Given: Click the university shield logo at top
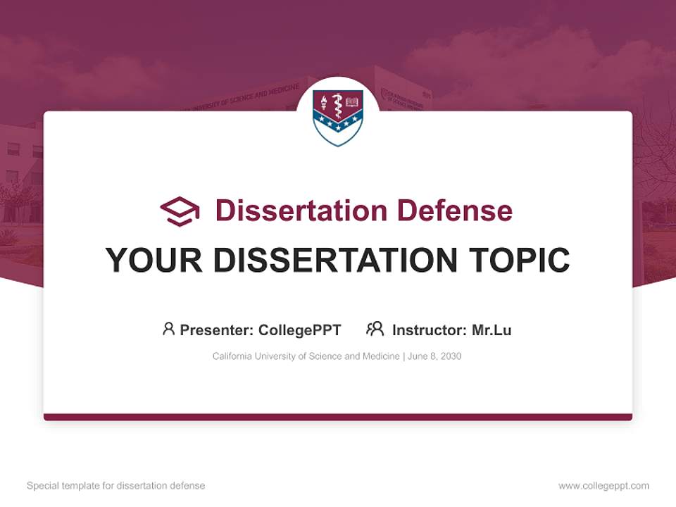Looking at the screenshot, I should point(338,116).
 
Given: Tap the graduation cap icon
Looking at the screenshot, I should point(180,211).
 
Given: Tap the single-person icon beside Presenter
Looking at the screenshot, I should point(168,329).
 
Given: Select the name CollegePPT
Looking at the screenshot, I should point(300,330).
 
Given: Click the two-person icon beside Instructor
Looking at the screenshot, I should point(375,329).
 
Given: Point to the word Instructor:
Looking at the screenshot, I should point(429,330).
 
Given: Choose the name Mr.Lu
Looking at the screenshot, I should point(492,330).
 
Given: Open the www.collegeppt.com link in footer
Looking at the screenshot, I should point(603,486).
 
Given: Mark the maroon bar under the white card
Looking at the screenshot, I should point(338,417).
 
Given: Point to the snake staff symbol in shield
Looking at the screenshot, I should point(338,106).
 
